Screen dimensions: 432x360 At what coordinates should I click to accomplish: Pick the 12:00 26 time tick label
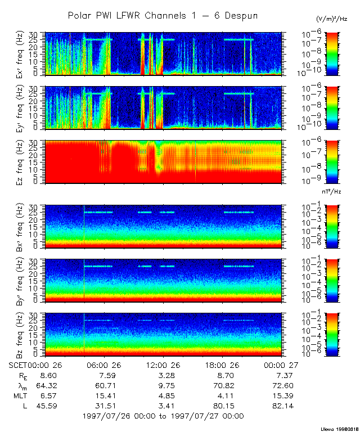[163, 364]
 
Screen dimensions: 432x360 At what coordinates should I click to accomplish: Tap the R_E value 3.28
[163, 375]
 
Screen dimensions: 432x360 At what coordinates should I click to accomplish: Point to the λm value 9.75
[163, 385]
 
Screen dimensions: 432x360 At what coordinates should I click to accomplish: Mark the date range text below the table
[163, 416]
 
